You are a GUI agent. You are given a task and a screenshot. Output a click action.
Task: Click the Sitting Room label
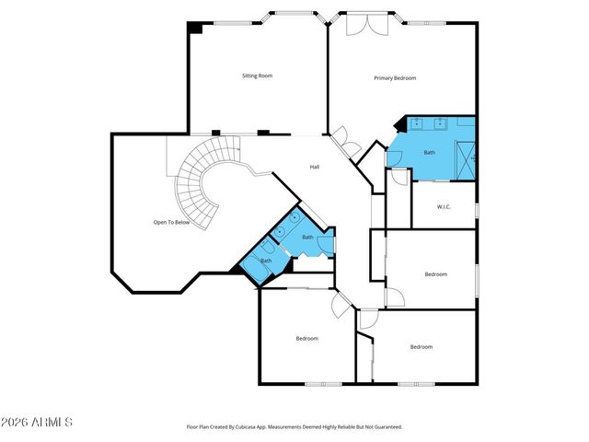[257, 76]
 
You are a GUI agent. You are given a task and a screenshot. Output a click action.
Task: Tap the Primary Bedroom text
[395, 78]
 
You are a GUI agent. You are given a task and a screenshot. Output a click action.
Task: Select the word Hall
[314, 167]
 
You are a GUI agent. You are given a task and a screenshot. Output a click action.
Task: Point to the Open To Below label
[171, 223]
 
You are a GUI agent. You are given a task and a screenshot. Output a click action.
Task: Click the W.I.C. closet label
[443, 206]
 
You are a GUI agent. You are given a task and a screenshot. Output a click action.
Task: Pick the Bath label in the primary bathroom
[429, 152]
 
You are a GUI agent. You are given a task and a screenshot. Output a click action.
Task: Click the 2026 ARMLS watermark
[37, 422]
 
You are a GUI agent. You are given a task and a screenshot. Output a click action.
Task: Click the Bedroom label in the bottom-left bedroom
[306, 339]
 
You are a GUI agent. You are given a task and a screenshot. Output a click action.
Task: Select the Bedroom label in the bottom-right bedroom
[421, 346]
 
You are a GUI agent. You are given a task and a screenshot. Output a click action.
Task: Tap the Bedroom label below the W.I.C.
[435, 273]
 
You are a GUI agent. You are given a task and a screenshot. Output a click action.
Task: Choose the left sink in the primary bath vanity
[417, 122]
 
